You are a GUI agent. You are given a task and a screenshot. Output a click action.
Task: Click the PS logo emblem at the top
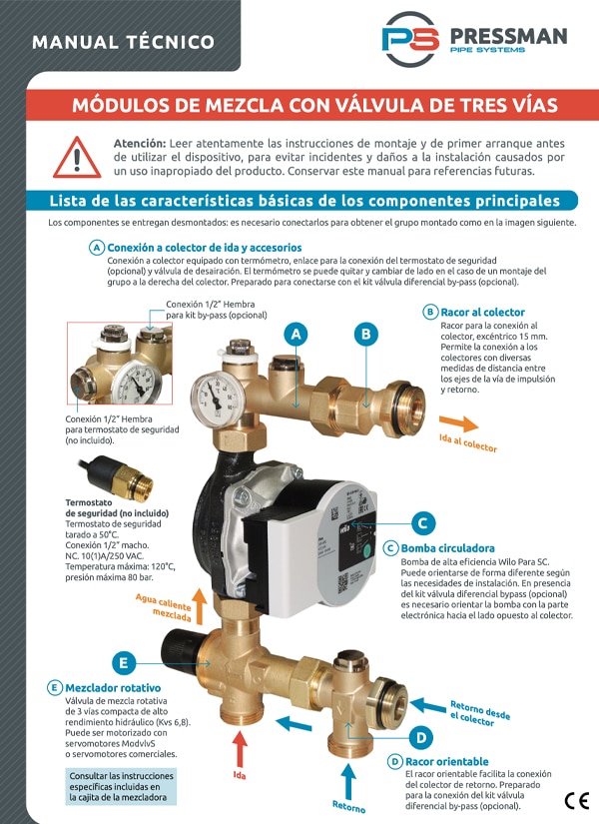[410, 39]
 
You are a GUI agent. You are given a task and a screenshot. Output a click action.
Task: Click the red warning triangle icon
[77, 158]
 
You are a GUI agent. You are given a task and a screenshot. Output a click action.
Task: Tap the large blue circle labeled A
[297, 335]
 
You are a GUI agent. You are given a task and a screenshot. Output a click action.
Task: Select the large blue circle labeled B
[366, 335]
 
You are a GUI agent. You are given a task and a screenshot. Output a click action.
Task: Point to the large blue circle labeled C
[422, 523]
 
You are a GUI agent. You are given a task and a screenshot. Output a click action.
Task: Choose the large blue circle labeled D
[421, 738]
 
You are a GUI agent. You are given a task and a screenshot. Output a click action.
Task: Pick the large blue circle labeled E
[124, 663]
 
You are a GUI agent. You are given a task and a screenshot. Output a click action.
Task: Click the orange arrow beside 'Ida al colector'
[458, 423]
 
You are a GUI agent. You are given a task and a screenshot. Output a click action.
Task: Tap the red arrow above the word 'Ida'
[240, 749]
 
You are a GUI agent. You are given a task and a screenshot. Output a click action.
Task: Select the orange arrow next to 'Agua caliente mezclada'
[199, 606]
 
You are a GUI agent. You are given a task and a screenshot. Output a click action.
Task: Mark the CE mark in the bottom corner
[577, 800]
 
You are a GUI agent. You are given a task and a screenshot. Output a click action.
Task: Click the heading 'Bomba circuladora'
[447, 548]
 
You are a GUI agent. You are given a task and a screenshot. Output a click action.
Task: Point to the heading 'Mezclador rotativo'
[113, 688]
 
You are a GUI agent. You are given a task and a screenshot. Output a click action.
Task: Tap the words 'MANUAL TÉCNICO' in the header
[124, 42]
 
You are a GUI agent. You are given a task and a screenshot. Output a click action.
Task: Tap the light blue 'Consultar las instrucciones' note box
[122, 787]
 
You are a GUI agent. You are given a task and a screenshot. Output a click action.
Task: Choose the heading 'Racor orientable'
[446, 761]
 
